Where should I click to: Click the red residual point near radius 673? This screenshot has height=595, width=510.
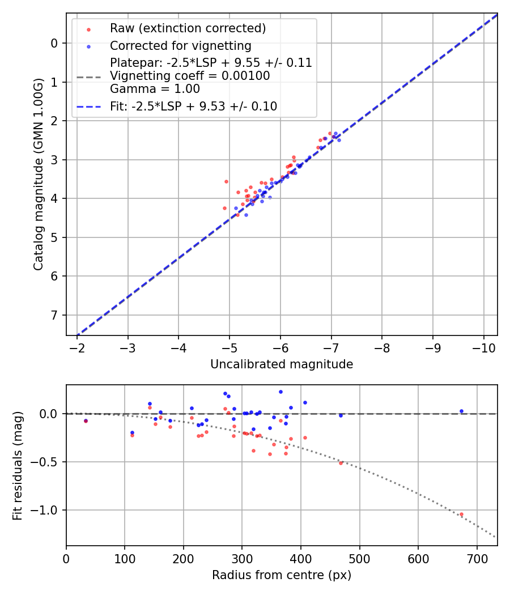pos(461,515)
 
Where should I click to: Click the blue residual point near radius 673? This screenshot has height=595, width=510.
pos(461,411)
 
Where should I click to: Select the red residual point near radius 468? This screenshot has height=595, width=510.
pos(341,463)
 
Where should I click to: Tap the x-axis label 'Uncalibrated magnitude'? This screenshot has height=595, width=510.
pos(282,364)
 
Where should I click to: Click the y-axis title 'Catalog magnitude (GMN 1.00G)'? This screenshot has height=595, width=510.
pos(38,175)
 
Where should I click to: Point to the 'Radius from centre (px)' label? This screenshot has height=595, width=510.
pos(282,575)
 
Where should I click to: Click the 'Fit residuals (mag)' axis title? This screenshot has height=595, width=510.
pos(18,466)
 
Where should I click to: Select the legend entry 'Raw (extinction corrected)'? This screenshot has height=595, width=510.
pos(188,28)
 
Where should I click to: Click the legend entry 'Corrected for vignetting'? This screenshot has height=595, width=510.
pos(180,45)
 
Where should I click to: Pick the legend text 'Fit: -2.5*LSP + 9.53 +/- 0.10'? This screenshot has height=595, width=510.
pos(193,106)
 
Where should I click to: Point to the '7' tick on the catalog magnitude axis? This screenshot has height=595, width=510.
pos(54,315)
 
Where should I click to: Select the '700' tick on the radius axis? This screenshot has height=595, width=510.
pos(477,559)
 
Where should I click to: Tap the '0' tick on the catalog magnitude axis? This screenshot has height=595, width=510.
pos(54,43)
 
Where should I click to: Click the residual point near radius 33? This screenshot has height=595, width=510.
pos(86,421)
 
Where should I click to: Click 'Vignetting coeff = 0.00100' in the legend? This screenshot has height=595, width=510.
pos(190,76)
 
